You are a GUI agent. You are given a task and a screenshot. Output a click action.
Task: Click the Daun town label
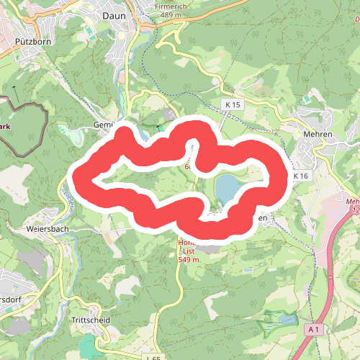(x=114, y=14)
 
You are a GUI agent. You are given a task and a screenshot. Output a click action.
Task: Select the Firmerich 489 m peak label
(x=171, y=9)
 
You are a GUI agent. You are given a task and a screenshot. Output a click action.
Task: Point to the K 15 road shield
(x=233, y=104)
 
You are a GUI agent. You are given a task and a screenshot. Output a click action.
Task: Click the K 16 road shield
(x=300, y=176)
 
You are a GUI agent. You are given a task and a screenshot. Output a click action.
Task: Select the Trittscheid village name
(x=90, y=318)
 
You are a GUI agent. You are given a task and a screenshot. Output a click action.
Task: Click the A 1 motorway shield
(x=312, y=329)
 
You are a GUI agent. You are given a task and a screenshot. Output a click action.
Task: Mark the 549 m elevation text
(x=189, y=259)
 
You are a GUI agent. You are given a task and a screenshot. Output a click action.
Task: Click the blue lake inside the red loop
(x=228, y=189)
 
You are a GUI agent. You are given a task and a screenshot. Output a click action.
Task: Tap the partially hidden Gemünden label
(x=104, y=125)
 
